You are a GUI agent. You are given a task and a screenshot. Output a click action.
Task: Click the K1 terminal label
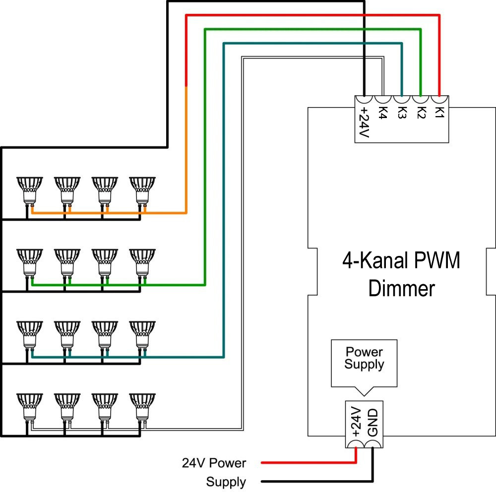439,112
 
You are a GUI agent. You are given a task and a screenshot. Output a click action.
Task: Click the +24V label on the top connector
364,122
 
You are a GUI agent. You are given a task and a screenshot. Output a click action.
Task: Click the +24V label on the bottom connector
355,422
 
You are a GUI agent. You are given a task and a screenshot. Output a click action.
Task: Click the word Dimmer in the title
402,288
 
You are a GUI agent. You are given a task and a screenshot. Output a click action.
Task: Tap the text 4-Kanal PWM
401,261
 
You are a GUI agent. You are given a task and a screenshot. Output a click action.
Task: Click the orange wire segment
186,149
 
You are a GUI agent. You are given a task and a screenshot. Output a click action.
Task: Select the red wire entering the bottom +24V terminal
308,463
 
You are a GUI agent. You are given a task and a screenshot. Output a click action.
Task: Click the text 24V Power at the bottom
214,463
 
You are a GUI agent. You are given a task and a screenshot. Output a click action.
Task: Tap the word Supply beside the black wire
226,482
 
